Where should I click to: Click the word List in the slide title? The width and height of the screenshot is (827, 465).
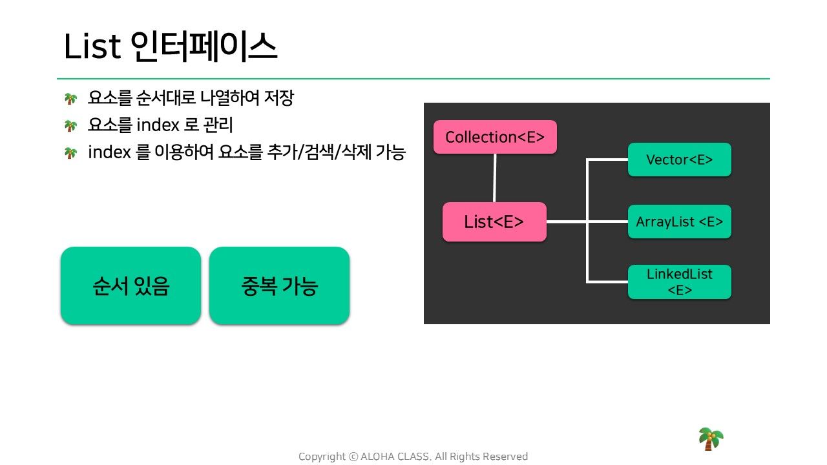(x=92, y=46)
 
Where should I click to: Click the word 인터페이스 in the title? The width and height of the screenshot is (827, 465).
(x=204, y=46)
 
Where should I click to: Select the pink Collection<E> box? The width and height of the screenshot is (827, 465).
(x=495, y=137)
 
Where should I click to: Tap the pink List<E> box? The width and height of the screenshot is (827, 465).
(x=494, y=222)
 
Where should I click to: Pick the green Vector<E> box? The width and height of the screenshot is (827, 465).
(x=679, y=160)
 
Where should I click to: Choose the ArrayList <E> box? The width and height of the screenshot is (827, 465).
(x=679, y=222)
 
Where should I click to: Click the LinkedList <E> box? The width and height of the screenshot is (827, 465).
(x=679, y=282)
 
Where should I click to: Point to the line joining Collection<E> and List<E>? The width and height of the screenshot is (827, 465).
(x=495, y=178)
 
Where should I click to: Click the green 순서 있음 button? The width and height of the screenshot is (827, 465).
(x=131, y=285)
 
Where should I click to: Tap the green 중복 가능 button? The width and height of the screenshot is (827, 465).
(x=279, y=285)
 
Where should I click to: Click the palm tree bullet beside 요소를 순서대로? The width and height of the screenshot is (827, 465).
(x=70, y=99)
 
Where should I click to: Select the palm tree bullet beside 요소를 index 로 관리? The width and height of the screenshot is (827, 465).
(x=70, y=125)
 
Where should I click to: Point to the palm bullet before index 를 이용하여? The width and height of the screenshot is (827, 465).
(x=70, y=152)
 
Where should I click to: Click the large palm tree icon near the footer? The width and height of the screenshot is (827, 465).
(x=711, y=439)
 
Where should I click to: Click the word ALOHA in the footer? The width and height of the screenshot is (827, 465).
(x=377, y=457)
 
